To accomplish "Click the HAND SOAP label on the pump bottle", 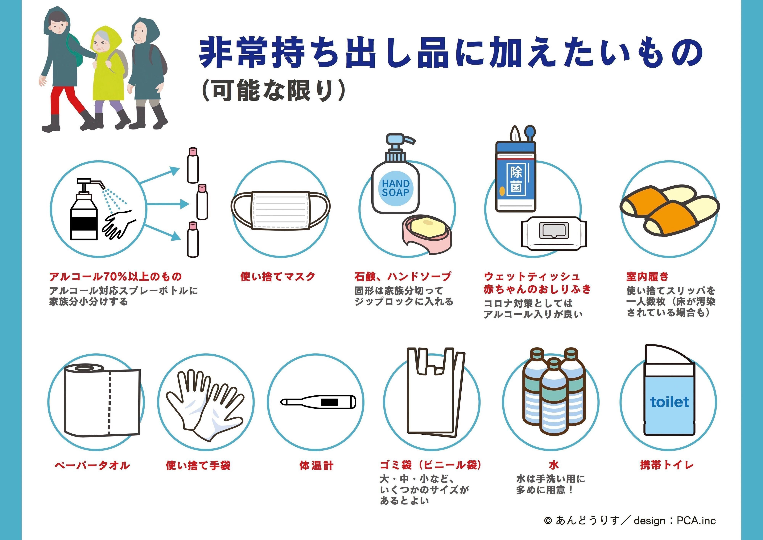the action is [x=395, y=188].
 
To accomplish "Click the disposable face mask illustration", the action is [x=280, y=210].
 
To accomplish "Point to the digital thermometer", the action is [x=318, y=402].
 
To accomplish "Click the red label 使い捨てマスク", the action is [x=278, y=276].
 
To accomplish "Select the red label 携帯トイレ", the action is [x=667, y=465].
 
